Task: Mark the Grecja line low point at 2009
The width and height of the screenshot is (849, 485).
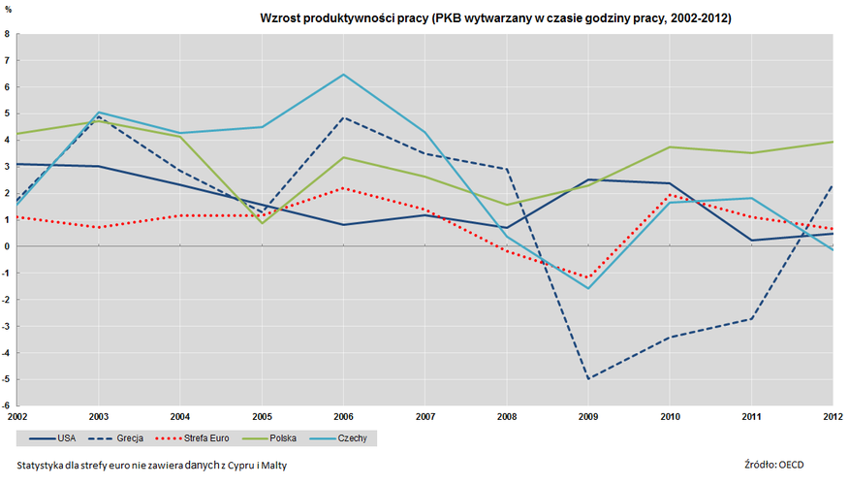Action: (588, 378)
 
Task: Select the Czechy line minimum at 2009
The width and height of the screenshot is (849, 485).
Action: (588, 288)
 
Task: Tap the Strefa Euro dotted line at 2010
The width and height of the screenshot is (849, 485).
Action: (670, 195)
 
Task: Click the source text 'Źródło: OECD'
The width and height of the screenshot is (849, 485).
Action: (775, 465)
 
